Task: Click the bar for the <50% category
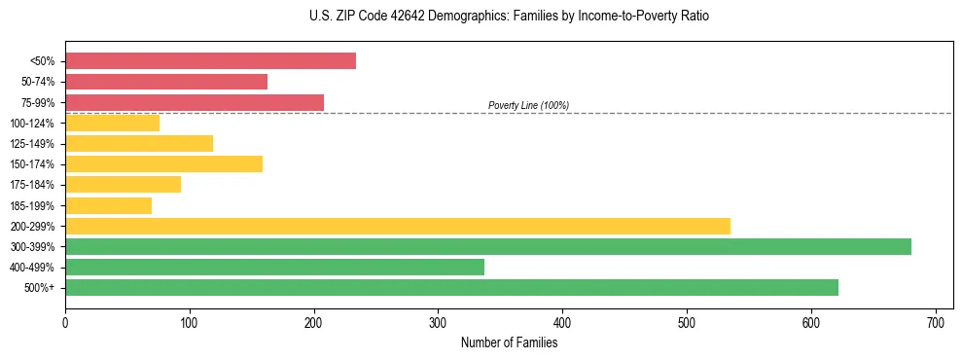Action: click(x=210, y=61)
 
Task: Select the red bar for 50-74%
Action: click(x=166, y=82)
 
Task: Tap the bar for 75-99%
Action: click(x=195, y=102)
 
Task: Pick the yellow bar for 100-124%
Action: click(x=112, y=124)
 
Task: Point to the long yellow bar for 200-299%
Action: click(x=398, y=226)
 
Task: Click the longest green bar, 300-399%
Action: click(x=488, y=247)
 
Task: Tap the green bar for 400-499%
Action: click(x=274, y=268)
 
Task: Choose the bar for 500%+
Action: click(x=451, y=288)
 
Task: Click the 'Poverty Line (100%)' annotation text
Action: click(x=528, y=106)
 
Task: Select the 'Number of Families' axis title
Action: click(x=509, y=342)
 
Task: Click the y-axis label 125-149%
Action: click(x=32, y=144)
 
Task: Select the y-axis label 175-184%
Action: click(x=32, y=185)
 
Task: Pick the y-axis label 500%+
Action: click(x=39, y=288)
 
